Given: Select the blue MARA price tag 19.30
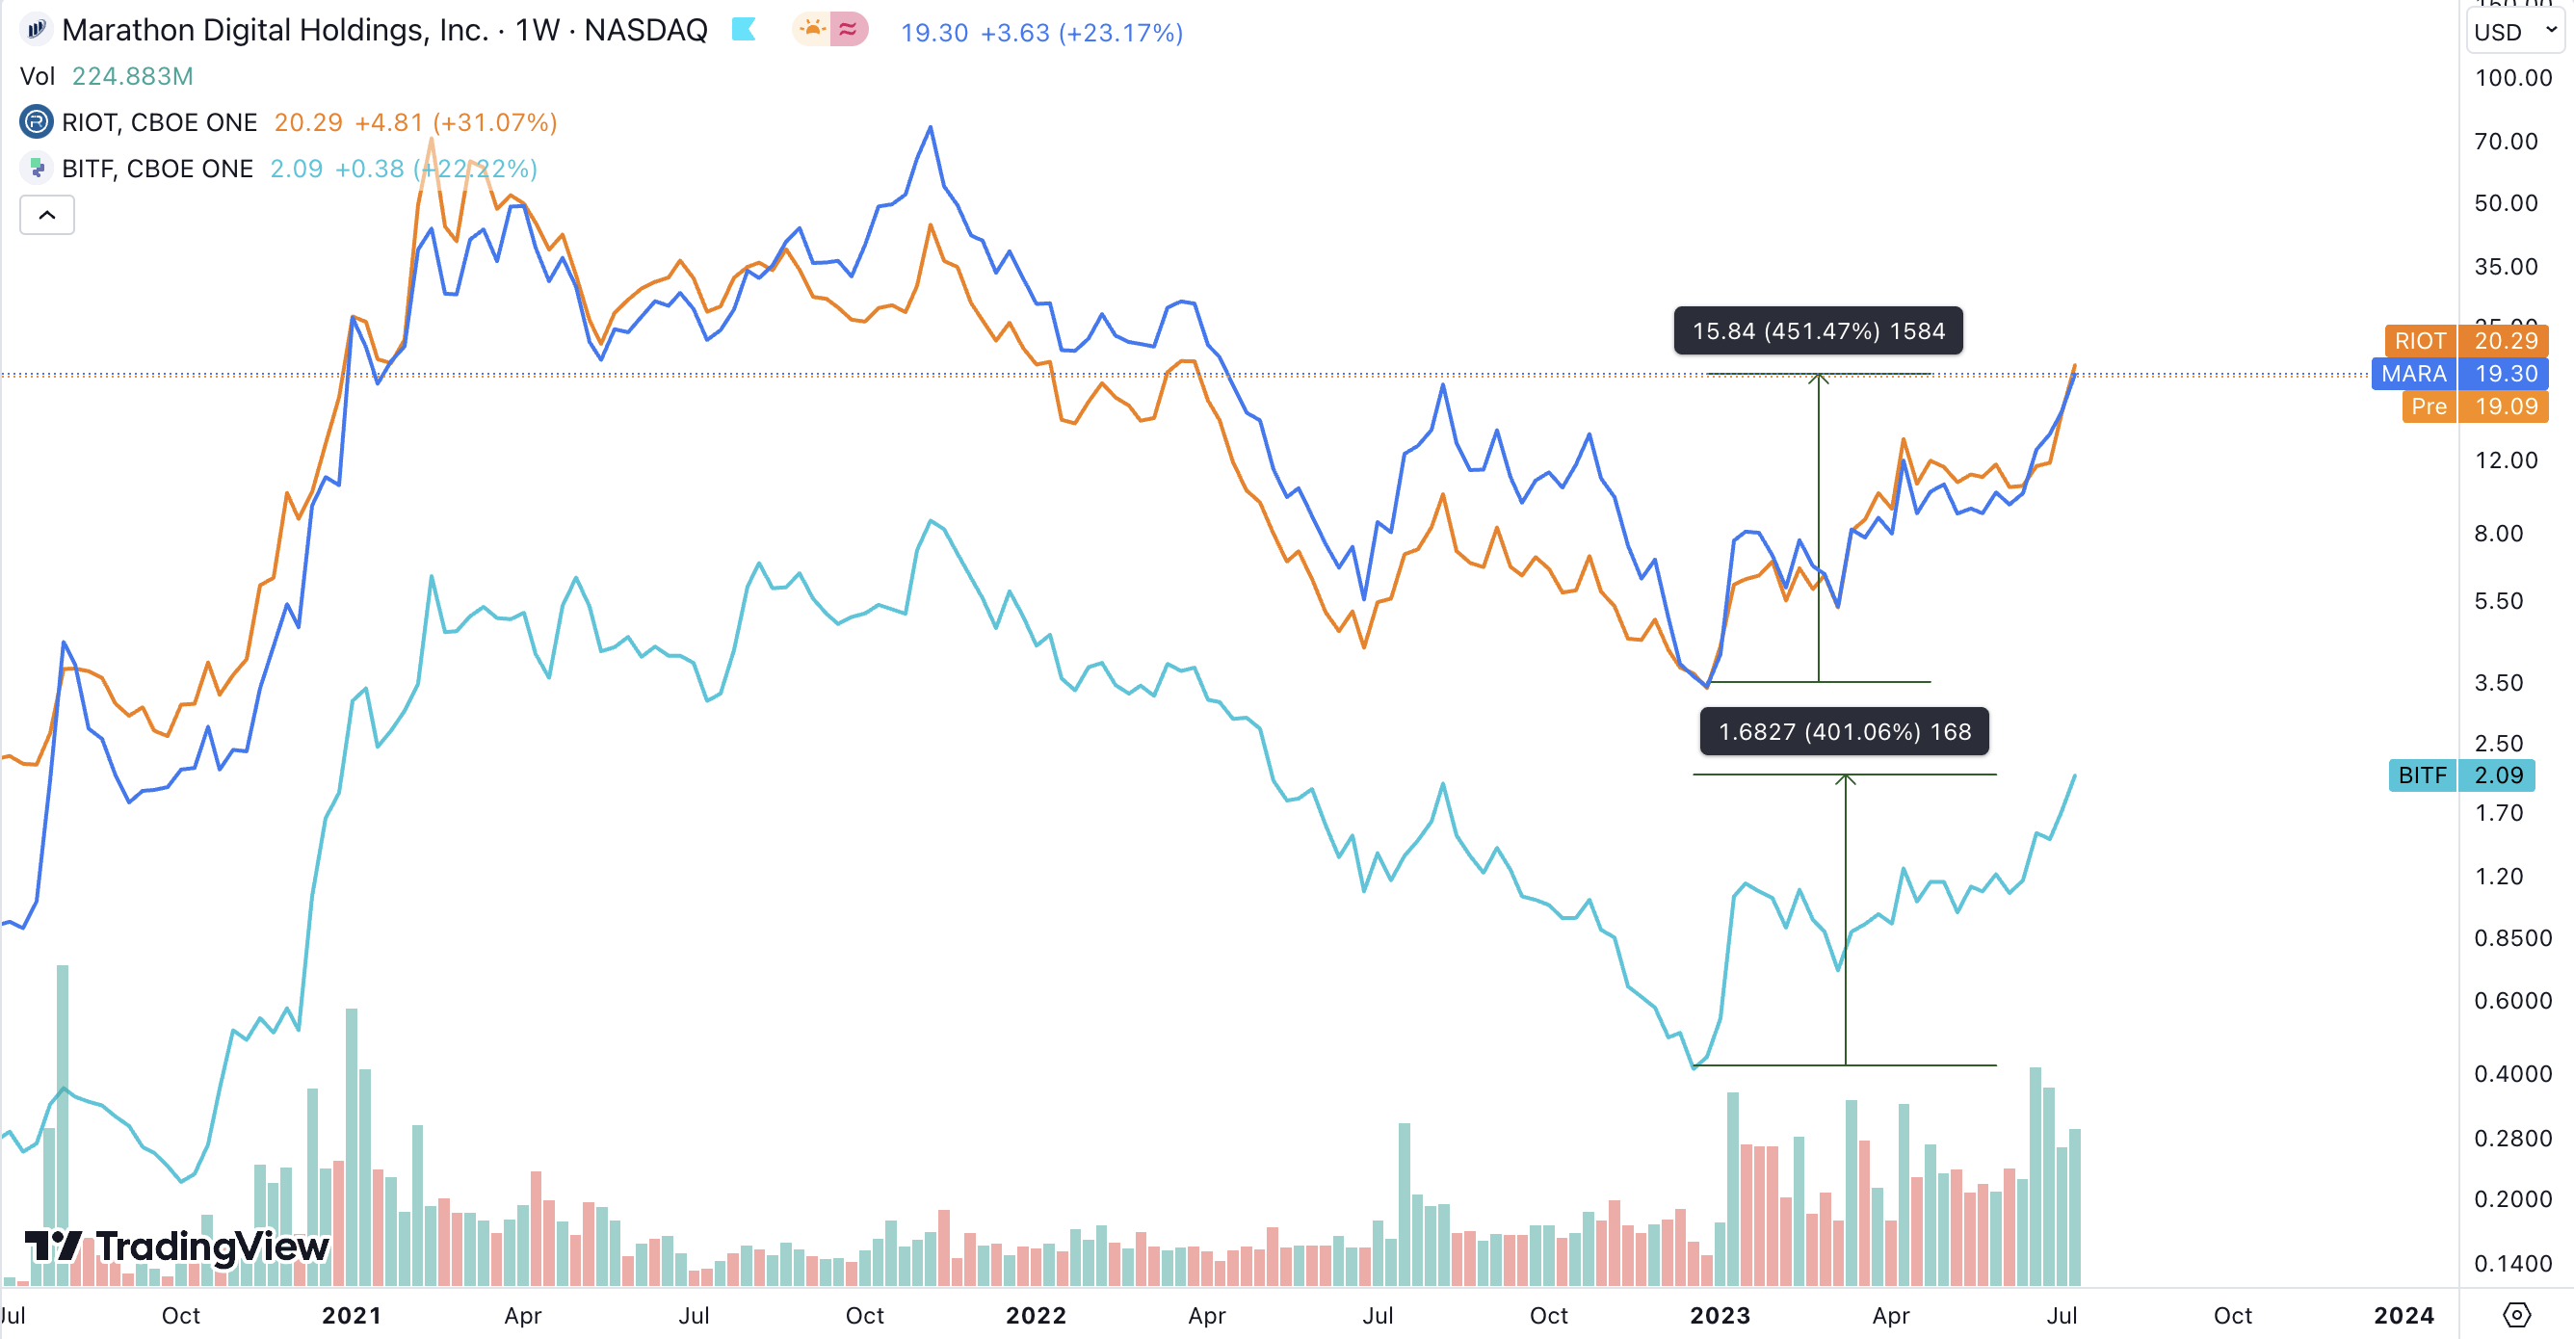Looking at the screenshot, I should coord(2459,374).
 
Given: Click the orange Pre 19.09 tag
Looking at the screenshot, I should coord(2474,407).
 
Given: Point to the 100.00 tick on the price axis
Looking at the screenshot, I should coord(2513,78).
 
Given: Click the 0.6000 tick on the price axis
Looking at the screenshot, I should coord(2512,1000).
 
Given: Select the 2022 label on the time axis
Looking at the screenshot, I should coord(1036,1315).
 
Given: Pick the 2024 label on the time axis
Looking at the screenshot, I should coord(2403,1315).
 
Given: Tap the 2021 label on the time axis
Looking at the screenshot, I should coord(352,1315).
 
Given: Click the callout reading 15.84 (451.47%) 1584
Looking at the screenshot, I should coord(1818,330).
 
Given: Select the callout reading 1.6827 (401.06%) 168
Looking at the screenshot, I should coord(1844,731).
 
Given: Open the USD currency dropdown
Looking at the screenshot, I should coord(2514,31).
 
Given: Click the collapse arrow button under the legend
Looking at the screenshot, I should coord(47,215).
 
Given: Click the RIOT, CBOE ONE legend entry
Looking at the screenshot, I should coord(159,122).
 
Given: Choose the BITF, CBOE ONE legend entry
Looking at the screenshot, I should coord(157,168).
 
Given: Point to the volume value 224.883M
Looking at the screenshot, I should coord(133,76).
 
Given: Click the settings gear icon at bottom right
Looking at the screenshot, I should coord(2516,1314).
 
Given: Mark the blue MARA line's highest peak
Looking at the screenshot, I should coord(931,127).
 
